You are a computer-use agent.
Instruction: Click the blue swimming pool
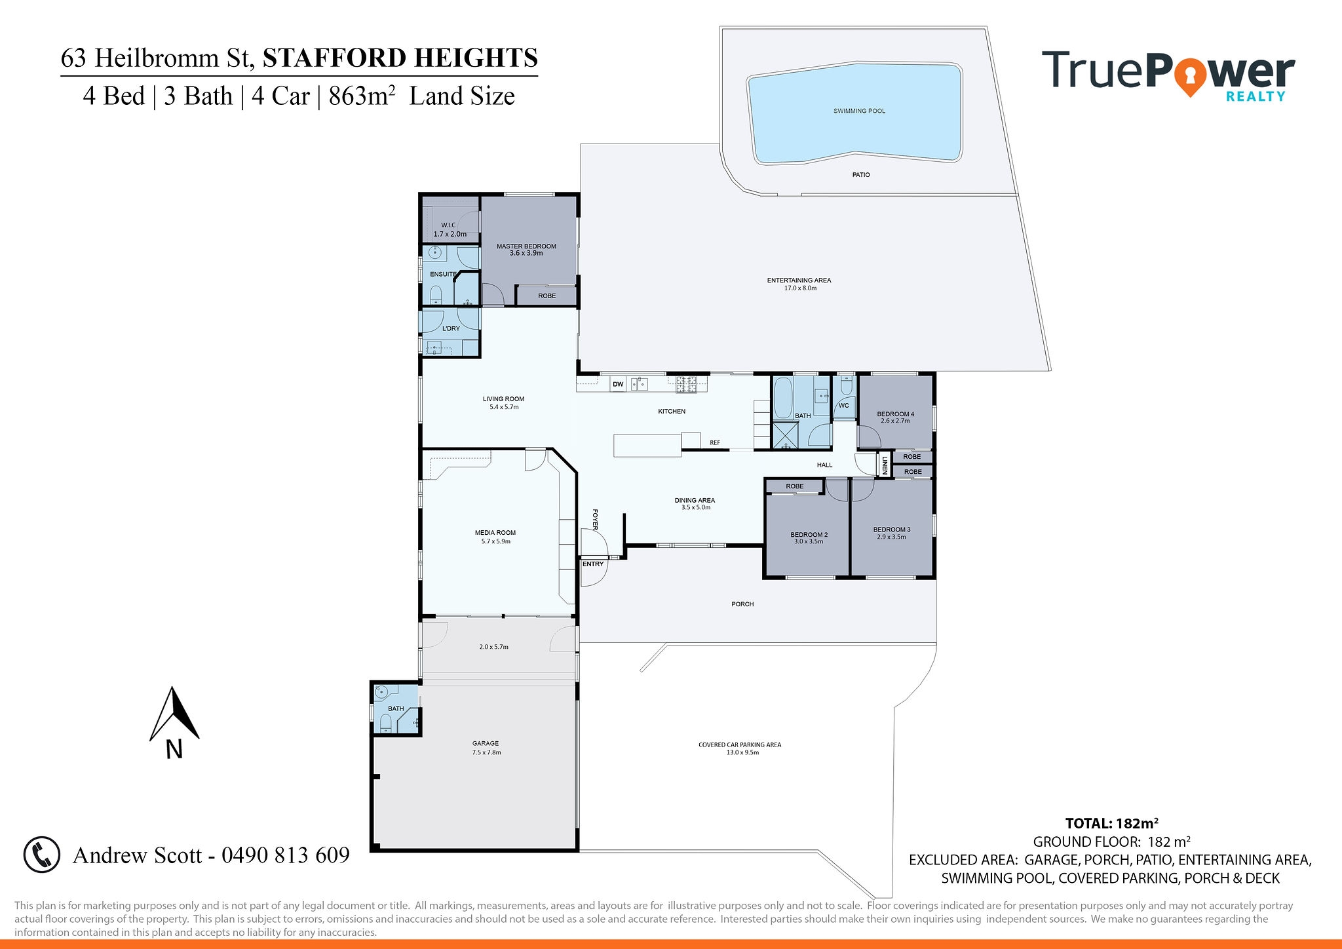coord(855,112)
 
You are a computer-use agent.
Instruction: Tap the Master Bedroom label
coord(526,250)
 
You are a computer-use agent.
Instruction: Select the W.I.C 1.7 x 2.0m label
coord(450,229)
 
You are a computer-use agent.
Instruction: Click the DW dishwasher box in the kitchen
coord(618,384)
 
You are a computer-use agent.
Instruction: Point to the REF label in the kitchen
coord(715,443)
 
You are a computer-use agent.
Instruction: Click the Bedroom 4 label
coord(895,417)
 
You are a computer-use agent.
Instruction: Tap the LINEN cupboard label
coord(885,465)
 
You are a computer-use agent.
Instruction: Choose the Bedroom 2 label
coord(809,538)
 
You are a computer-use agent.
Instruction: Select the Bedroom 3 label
coord(891,533)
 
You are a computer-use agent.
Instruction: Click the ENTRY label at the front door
coord(593,564)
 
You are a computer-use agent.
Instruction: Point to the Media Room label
coord(495,537)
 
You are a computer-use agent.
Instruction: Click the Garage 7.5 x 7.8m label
coord(486,748)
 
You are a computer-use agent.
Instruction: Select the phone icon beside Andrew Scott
coord(42,855)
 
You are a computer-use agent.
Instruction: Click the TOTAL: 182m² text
coord(1112,824)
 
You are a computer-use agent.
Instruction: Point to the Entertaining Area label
coord(799,284)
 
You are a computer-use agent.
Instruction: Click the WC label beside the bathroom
coord(844,406)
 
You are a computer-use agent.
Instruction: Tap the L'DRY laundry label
coord(451,328)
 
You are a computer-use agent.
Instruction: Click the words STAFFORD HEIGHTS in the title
coord(400,58)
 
